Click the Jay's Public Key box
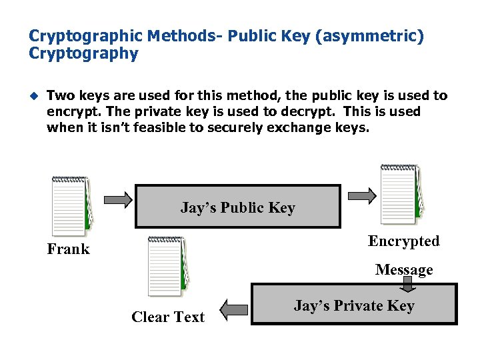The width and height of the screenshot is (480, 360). tap(237, 207)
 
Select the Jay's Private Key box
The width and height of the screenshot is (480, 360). tap(354, 305)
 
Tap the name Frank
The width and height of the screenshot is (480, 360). tap(68, 249)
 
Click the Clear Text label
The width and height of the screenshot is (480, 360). tap(168, 317)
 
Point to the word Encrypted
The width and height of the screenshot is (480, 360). tap(404, 241)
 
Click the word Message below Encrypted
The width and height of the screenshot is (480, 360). tap(404, 269)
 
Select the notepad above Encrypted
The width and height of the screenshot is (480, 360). tap(400, 193)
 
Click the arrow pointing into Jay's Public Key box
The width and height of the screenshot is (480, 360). tap(119, 198)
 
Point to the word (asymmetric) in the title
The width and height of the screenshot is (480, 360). tap(371, 35)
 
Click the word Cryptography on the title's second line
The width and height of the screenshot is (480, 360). tap(83, 53)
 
